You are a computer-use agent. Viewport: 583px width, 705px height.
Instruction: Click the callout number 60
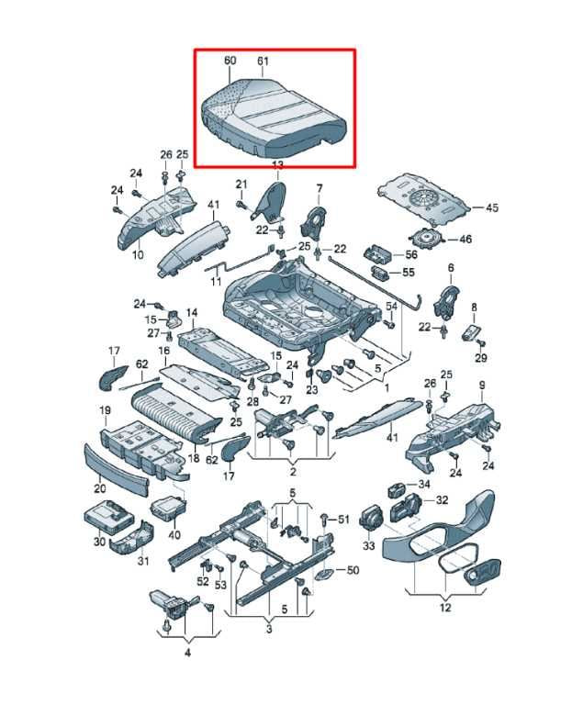click(230, 61)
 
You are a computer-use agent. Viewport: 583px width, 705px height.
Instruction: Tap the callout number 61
click(263, 61)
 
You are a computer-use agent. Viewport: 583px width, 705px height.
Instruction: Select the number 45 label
click(492, 207)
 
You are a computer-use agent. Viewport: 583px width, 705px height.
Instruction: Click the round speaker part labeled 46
click(426, 238)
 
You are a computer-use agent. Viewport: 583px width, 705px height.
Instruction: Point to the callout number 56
click(410, 254)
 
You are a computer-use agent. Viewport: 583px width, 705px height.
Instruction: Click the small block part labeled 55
click(379, 272)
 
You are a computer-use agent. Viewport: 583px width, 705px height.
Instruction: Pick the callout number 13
click(278, 164)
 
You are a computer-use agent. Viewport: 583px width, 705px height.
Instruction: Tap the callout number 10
click(138, 254)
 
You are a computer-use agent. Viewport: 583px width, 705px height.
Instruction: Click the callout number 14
click(192, 311)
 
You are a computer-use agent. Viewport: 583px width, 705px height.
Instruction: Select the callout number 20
click(99, 487)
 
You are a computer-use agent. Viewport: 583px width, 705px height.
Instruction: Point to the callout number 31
click(142, 561)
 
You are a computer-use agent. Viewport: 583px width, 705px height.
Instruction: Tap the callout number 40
click(174, 534)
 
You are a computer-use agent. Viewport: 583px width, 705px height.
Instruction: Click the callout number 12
click(445, 608)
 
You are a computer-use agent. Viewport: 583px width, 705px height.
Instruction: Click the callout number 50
click(353, 570)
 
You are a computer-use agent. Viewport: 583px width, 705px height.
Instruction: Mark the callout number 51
click(343, 520)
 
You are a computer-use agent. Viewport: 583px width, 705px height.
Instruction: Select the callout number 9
click(482, 386)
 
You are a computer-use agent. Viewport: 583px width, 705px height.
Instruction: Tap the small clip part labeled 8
click(471, 332)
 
